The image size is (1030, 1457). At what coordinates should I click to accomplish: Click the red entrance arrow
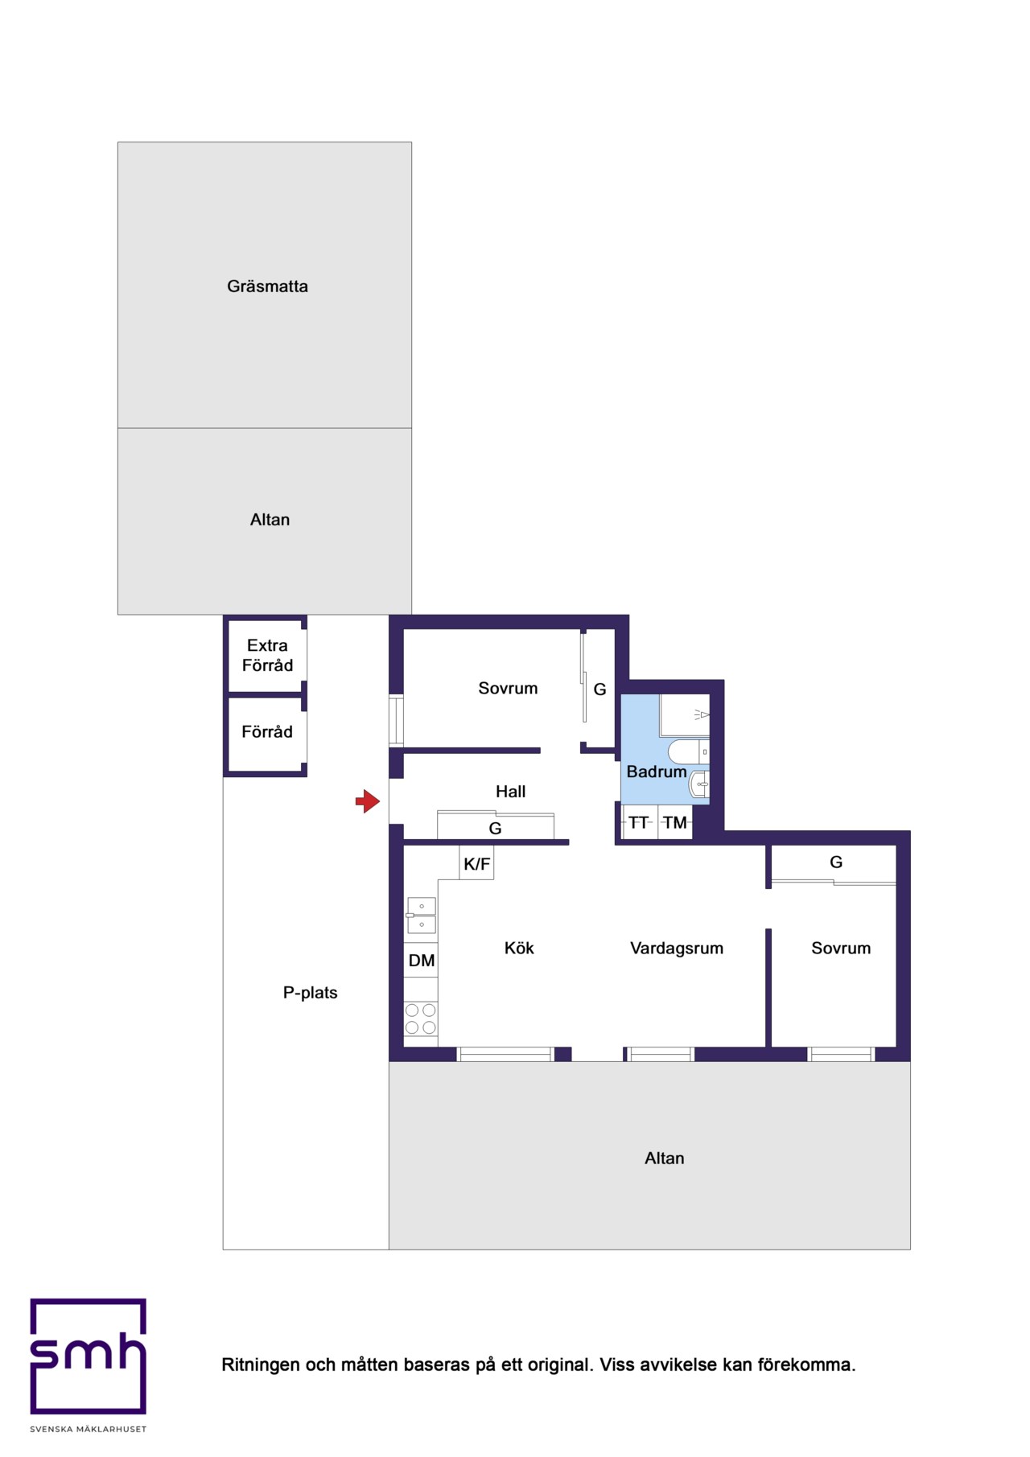368,801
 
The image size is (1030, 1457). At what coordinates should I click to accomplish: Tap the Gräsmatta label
267,286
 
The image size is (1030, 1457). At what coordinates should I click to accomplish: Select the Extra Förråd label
267,655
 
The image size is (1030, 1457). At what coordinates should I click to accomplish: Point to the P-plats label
310,993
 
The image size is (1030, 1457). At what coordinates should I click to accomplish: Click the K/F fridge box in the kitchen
476,863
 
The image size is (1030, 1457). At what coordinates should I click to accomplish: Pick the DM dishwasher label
422,961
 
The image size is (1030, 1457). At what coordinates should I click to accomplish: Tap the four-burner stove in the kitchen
421,1019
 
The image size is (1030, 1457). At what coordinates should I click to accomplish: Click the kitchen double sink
421,916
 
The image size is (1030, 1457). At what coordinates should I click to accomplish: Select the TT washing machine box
640,822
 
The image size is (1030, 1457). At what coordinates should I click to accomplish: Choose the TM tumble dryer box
675,822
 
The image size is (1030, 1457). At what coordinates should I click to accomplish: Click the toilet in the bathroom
689,751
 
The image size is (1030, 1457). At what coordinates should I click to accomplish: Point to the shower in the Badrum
685,715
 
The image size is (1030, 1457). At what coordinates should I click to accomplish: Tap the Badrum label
657,772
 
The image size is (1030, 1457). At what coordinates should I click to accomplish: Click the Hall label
510,792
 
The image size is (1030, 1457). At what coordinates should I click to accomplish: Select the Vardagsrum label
677,949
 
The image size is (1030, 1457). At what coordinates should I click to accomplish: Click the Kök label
519,949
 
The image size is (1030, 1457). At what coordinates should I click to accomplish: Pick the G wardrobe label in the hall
495,829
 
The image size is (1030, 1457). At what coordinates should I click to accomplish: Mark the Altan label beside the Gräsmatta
270,520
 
